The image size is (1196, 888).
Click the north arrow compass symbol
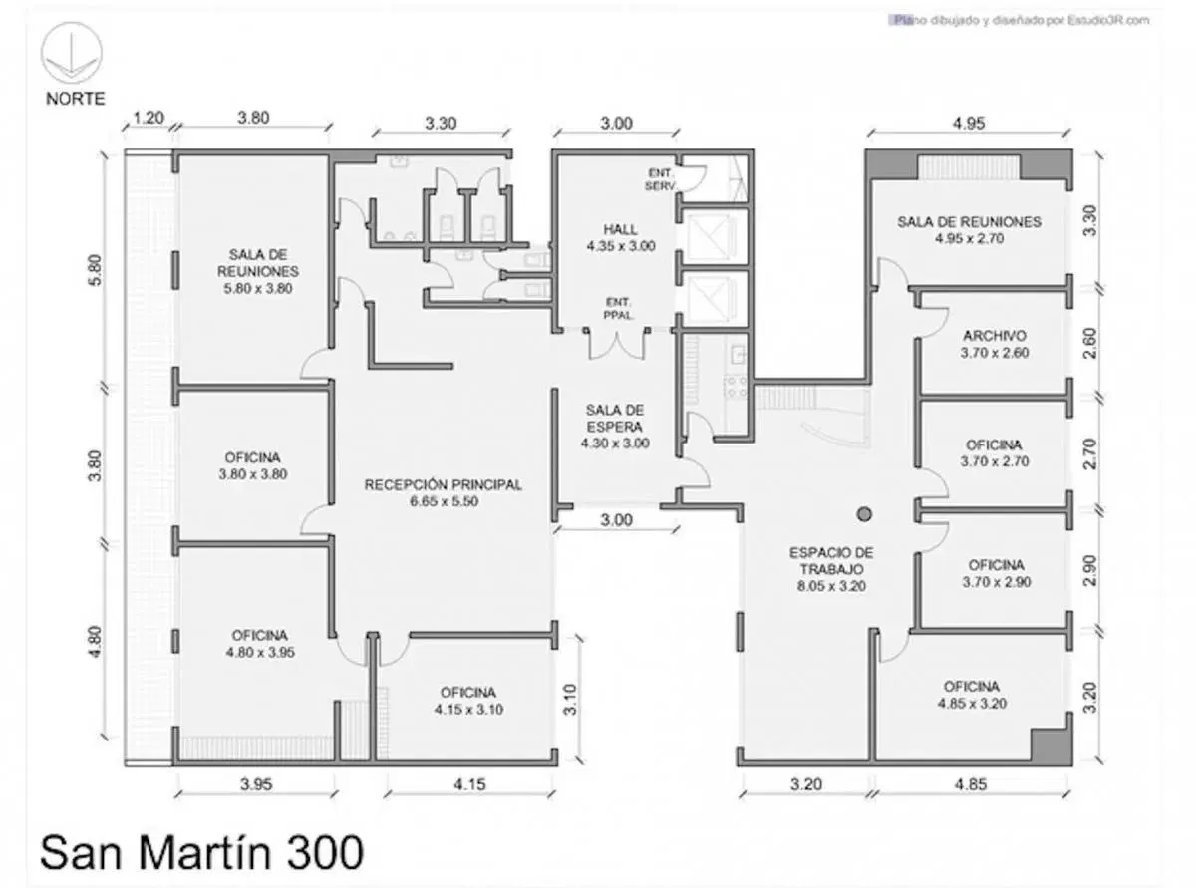coord(72,53)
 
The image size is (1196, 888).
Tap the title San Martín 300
coord(201,852)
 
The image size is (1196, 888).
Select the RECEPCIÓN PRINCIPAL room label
coord(444,492)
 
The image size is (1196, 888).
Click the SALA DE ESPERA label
coord(615,427)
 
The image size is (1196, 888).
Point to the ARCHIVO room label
coord(995,344)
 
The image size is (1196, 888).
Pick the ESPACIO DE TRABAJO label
coord(831,569)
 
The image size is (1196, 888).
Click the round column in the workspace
coord(864,514)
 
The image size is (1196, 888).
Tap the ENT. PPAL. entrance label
coord(618,309)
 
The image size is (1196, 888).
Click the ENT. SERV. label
coord(660,179)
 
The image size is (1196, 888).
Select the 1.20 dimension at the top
coord(148,118)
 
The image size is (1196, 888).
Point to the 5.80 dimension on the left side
coord(95,270)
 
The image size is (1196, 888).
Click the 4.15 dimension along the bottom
coord(469,784)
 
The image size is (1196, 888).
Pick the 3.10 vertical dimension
coord(569,700)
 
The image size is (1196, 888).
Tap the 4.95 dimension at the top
coord(969,123)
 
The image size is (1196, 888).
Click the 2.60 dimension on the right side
coord(1089,344)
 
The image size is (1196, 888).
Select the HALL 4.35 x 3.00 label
coord(621,238)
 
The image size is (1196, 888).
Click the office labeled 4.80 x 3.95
coord(260,644)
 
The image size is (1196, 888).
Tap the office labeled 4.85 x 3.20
coord(972,695)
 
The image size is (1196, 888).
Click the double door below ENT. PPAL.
coord(617,344)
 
